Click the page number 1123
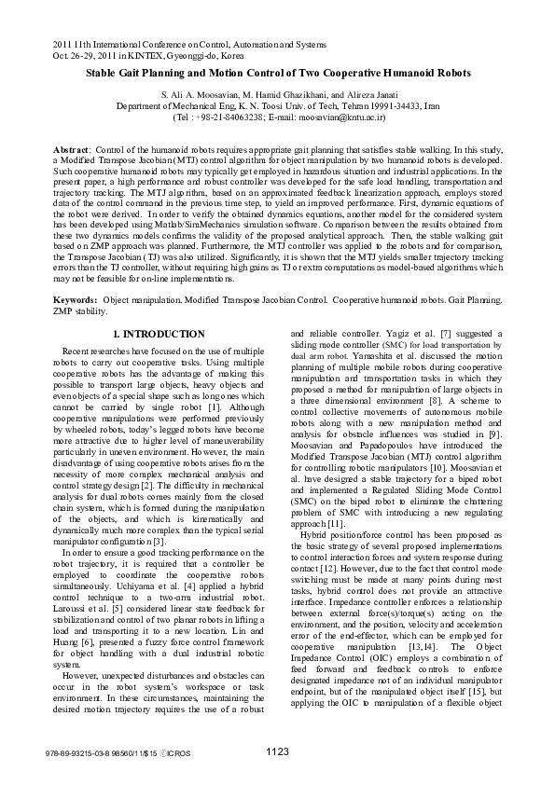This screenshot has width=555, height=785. (277, 751)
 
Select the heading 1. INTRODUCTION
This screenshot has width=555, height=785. (160, 334)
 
